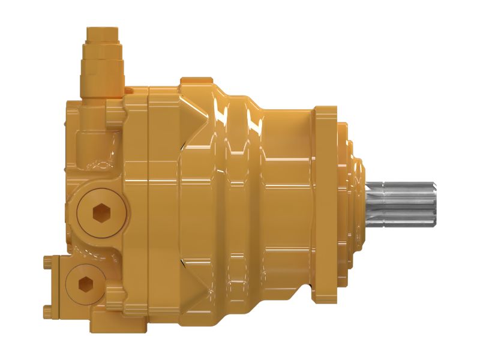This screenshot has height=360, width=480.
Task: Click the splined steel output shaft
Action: coord(399,205)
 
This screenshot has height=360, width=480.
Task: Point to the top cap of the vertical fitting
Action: coord(103,33)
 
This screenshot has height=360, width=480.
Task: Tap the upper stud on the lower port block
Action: coord(49,261)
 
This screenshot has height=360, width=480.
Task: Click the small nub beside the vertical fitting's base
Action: coord(129,90)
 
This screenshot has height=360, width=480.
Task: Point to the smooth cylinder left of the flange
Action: coord(288,204)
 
